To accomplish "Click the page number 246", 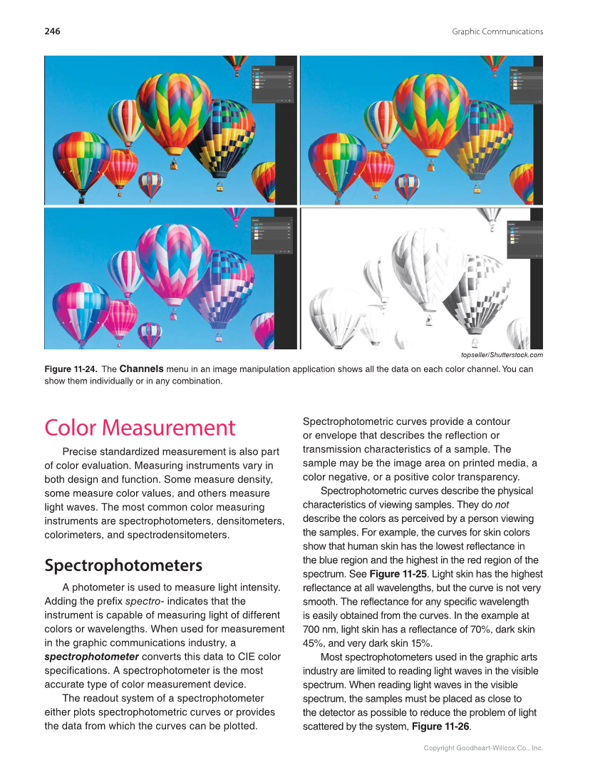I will tap(52, 31).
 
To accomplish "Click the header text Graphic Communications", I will tap(497, 31).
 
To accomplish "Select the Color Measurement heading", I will tap(140, 428).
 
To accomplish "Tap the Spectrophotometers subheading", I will tap(123, 565).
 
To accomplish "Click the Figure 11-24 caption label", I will tap(70, 369).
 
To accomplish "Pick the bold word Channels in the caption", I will tap(141, 369).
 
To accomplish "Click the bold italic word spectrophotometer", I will tap(91, 657).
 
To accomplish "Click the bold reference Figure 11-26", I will tap(440, 727).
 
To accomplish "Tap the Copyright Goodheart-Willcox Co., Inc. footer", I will tap(483, 749).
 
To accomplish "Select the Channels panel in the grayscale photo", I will tap(526, 237).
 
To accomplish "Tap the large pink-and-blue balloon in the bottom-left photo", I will tap(173, 264).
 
